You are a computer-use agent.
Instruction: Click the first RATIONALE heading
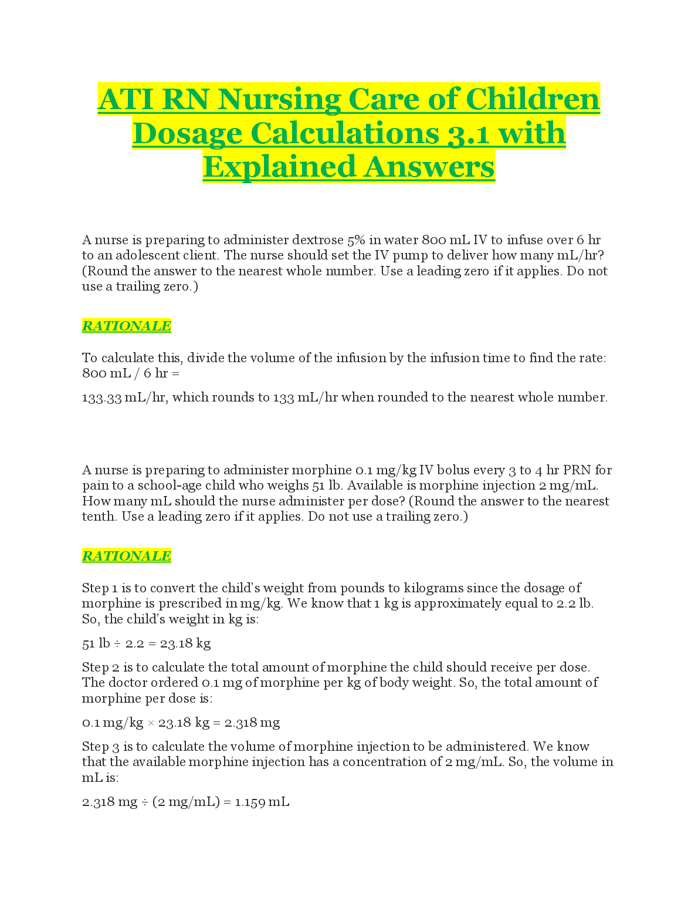click(x=126, y=326)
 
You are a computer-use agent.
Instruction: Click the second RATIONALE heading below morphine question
click(x=126, y=556)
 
